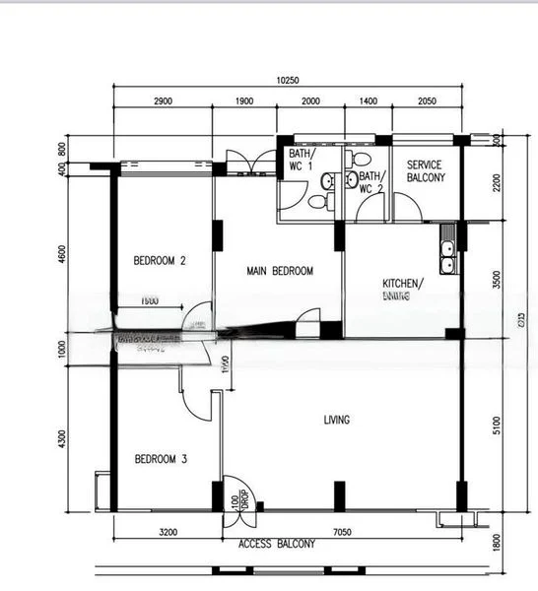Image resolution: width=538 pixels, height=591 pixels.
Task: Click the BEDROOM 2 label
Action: pos(161,261)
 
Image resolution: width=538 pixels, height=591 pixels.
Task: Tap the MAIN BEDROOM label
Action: pos(279,271)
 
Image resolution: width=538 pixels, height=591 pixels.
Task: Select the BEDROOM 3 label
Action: pos(161,459)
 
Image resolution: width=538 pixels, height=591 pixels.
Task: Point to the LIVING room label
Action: pos(337,420)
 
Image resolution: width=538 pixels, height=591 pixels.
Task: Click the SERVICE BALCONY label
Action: pos(426,171)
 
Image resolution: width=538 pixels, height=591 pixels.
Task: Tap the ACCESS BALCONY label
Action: pos(277,544)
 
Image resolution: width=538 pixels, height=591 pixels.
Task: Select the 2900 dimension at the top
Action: pos(163,101)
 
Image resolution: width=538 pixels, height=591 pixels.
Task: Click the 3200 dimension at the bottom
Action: pos(167,533)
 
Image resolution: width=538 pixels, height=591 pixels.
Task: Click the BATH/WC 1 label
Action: pos(300,161)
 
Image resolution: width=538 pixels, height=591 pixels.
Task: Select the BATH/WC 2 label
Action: pos(370,181)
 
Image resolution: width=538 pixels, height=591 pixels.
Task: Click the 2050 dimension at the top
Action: pos(427,101)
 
